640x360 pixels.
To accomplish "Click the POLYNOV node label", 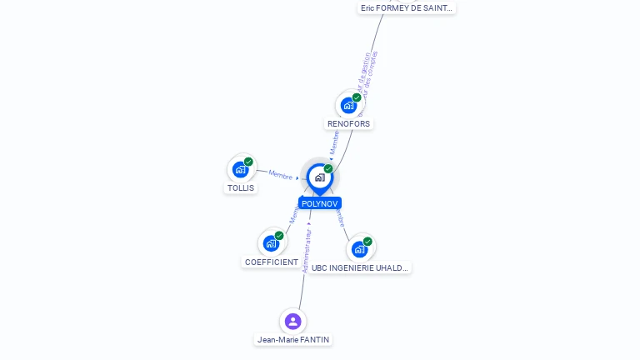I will pos(319,203).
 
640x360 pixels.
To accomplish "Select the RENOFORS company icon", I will pos(348,106).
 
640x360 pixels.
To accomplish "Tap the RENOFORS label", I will pos(348,123).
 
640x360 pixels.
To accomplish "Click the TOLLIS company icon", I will pos(240,169).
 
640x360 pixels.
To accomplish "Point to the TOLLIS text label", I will pos(240,187).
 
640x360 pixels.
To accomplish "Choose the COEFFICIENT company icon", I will pos(271,243).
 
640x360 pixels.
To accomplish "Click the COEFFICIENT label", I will pos(271,262).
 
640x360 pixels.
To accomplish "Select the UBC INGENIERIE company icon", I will pos(359,248).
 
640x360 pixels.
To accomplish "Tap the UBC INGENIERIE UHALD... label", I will pos(360,267).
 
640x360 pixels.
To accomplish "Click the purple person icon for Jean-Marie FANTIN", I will pos(292,321).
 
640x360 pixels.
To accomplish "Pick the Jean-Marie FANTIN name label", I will pos(293,339).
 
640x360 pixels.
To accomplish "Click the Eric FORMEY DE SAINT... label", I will pos(407,7).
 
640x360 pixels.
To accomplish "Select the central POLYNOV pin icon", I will pos(319,177).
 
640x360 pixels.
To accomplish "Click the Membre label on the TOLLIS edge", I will pos(281,174).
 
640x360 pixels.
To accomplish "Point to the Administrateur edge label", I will pos(307,251).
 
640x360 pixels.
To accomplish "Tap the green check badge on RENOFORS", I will pos(357,97).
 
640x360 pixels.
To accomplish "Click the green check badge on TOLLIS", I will pos(248,162).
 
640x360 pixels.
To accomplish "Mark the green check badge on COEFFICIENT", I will pos(279,236).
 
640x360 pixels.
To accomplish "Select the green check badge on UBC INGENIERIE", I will pos(367,241).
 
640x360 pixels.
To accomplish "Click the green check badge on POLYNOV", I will pos(328,168).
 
